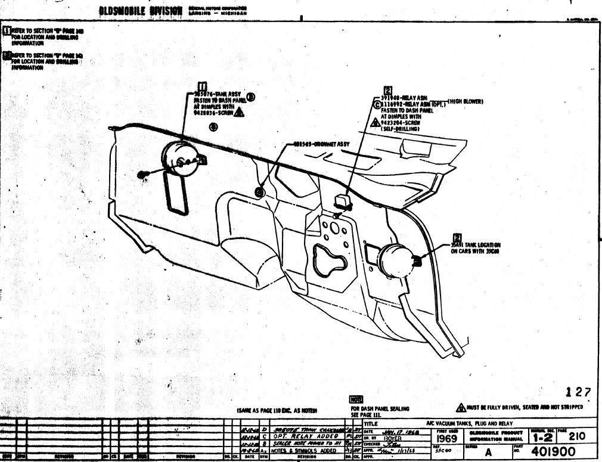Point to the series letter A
click(488, 452)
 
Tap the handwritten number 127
click(578, 392)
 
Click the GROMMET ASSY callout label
click(321, 144)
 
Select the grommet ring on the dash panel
click(259, 191)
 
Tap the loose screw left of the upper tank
click(142, 173)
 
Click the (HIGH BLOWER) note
click(465, 102)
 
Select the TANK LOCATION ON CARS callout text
click(475, 247)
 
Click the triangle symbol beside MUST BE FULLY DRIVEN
click(461, 407)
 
